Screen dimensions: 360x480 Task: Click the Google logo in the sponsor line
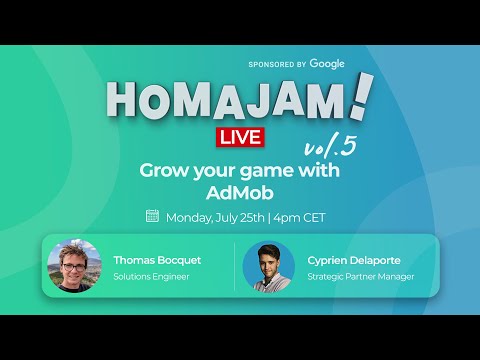[327, 64]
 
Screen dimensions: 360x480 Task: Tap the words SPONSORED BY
[277, 64]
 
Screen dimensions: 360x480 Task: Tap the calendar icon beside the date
[153, 216]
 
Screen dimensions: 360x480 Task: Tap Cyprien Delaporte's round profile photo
[269, 266]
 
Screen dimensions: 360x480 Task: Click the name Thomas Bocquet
[156, 260]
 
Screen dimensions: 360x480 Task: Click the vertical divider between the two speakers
[235, 267]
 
